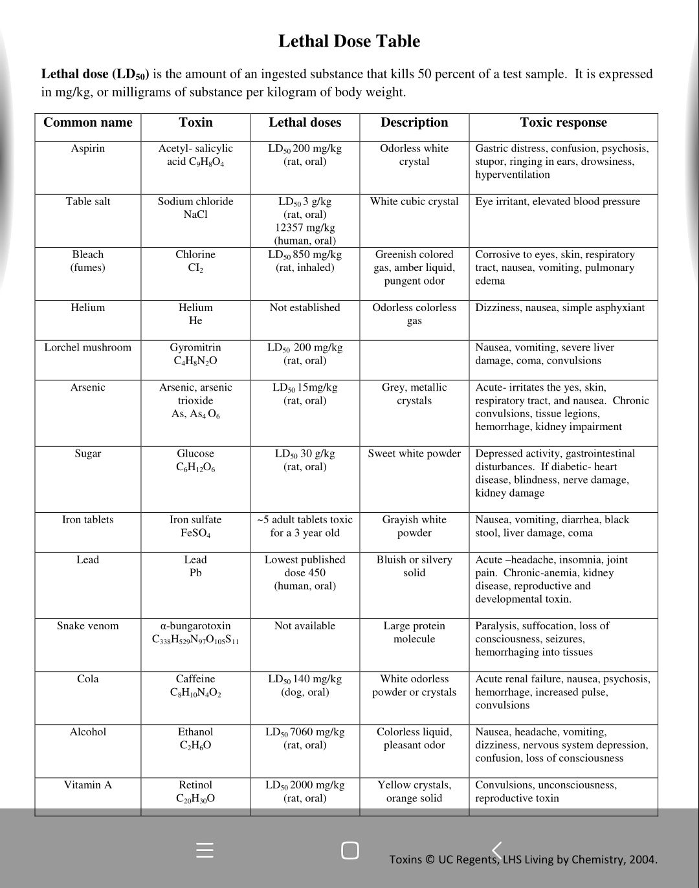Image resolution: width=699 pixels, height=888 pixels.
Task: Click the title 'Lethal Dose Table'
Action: pos(349,41)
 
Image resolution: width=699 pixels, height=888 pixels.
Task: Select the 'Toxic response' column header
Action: pos(563,123)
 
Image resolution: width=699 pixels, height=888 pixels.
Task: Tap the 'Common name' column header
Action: pos(88,123)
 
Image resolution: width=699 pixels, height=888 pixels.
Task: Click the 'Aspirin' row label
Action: pos(88,149)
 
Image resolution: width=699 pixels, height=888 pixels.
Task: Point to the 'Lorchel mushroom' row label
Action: pos(88,348)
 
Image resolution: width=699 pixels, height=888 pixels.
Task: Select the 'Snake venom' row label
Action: pos(88,626)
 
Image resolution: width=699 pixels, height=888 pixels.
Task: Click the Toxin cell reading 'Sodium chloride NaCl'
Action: pos(195,208)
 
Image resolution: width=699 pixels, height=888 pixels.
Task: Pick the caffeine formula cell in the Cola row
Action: pos(195,686)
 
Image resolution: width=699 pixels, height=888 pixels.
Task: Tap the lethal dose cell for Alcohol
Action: pos(305,739)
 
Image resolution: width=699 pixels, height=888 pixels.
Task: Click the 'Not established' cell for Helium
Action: pos(305,308)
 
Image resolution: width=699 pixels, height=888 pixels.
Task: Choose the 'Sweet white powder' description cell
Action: pos(414,454)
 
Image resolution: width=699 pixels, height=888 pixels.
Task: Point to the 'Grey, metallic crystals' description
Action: pos(414,394)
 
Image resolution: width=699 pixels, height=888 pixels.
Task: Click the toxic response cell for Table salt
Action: pos(557,202)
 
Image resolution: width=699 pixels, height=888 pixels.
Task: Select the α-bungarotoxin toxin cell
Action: pos(195,633)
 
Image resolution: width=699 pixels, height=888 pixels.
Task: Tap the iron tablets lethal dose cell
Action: pos(305,526)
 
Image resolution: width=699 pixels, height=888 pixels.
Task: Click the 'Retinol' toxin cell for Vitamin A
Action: pos(195,792)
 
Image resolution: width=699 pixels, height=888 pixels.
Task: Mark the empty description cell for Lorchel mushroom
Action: pos(414,360)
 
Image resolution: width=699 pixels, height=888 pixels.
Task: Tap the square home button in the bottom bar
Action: pos(349,850)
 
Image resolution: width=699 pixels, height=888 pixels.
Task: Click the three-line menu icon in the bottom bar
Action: pos(205,850)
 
